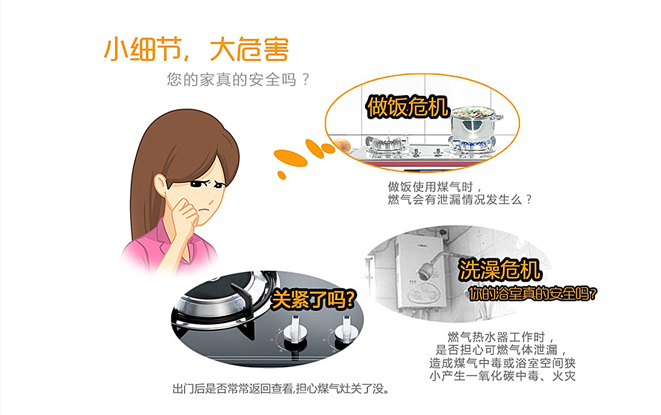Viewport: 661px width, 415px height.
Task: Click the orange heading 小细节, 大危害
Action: (x=196, y=49)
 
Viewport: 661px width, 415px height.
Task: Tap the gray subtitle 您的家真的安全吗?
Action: (x=238, y=79)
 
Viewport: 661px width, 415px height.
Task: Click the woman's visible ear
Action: (x=160, y=185)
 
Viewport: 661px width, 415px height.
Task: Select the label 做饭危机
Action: (x=407, y=106)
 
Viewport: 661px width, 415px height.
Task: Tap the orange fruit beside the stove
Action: (x=341, y=144)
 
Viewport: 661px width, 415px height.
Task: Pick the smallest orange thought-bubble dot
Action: (x=281, y=174)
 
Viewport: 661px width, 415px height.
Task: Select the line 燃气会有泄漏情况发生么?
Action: (x=460, y=199)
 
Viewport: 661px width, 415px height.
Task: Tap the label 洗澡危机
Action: (x=499, y=270)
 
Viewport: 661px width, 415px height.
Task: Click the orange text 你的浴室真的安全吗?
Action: (x=533, y=294)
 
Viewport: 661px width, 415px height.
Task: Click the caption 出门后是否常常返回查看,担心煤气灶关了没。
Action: (x=280, y=388)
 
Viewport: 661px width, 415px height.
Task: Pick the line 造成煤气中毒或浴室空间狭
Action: (x=502, y=363)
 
